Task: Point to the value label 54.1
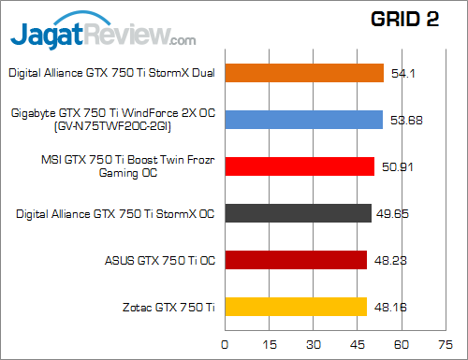tap(407, 73)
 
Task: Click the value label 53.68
tap(408, 120)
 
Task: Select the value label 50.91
tap(400, 166)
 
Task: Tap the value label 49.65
tap(397, 213)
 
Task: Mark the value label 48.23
tap(392, 260)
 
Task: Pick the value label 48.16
tap(392, 307)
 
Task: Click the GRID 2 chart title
tap(404, 22)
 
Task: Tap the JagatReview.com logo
tap(103, 34)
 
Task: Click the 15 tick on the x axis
tap(269, 343)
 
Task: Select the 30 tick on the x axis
tap(314, 343)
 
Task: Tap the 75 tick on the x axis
tap(447, 343)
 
